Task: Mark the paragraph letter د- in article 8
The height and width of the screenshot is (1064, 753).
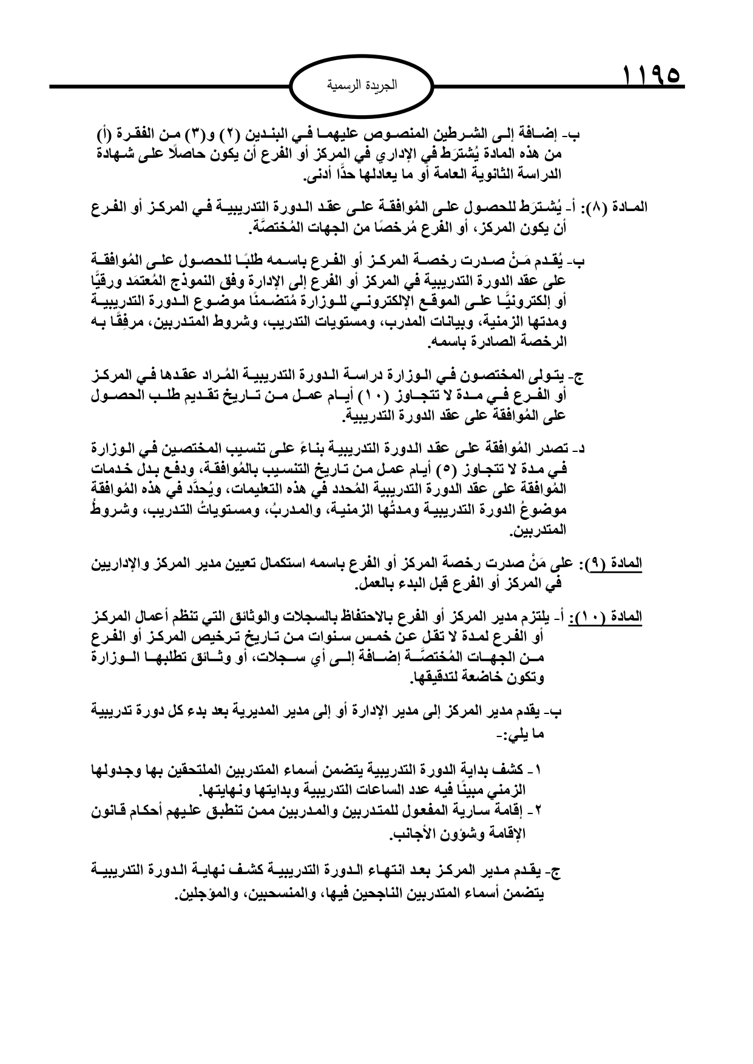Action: (x=579, y=449)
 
